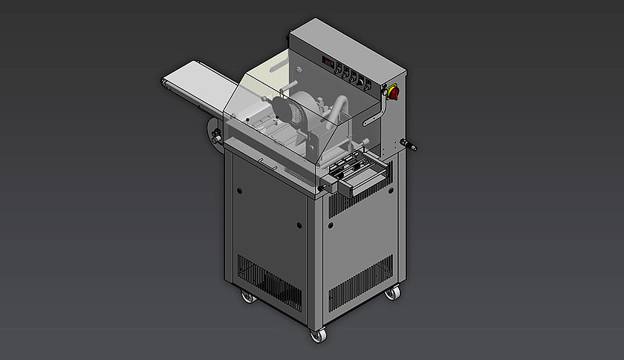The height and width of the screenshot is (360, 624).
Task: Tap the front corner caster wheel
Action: (x=317, y=336)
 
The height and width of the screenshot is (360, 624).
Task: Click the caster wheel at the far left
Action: (x=247, y=298)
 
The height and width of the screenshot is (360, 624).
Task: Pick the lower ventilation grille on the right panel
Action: (x=360, y=283)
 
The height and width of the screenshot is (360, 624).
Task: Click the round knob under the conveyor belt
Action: (x=214, y=136)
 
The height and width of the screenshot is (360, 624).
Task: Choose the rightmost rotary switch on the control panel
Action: (x=371, y=84)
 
